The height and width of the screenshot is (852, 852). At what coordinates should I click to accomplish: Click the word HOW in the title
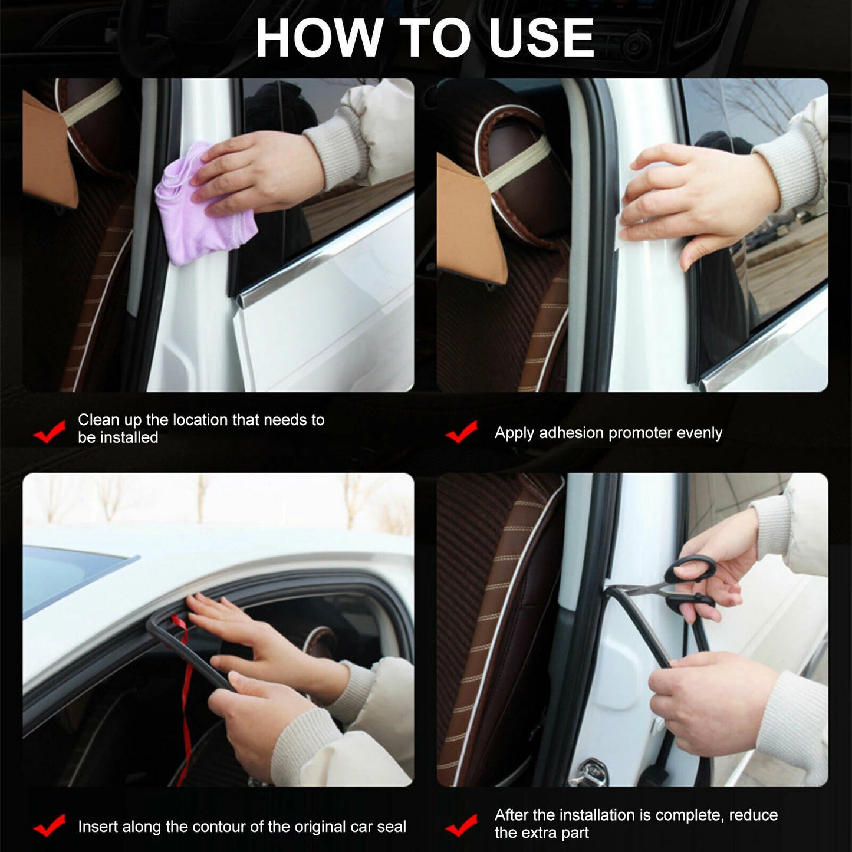pyautogui.click(x=318, y=38)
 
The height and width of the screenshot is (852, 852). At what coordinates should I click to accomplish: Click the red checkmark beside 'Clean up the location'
pyautogui.click(x=50, y=432)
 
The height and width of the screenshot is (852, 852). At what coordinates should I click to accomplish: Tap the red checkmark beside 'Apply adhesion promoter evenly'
pyautogui.click(x=461, y=432)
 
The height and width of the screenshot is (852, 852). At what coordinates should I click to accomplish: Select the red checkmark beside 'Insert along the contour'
pyautogui.click(x=50, y=825)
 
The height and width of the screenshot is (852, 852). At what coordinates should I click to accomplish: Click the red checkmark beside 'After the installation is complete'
pyautogui.click(x=461, y=825)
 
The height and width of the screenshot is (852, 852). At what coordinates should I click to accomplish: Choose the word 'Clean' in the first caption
pyautogui.click(x=98, y=420)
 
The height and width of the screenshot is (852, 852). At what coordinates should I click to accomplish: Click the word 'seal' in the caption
pyautogui.click(x=392, y=827)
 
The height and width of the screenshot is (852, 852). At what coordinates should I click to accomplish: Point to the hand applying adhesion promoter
pyautogui.click(x=696, y=200)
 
